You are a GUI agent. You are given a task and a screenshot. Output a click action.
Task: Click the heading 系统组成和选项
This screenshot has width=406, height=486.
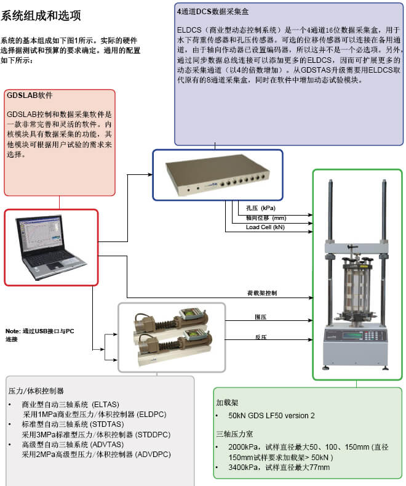pyautogui.click(x=41, y=14)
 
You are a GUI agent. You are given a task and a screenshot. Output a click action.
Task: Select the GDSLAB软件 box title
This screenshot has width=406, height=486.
pyautogui.click(x=30, y=96)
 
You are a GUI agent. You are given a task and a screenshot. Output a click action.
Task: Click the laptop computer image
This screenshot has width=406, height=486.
pyautogui.click(x=50, y=246)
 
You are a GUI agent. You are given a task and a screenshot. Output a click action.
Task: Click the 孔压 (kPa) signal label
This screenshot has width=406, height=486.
pyautogui.click(x=261, y=208)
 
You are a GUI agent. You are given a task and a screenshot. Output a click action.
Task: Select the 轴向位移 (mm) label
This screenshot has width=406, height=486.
pyautogui.click(x=266, y=218)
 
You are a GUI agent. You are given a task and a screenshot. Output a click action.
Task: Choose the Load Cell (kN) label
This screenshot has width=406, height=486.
pyautogui.click(x=265, y=227)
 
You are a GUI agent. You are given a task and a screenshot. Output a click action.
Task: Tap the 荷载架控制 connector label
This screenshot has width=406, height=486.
pyautogui.click(x=261, y=293)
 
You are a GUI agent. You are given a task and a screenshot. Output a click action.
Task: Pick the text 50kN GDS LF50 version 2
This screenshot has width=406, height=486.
pyautogui.click(x=271, y=416)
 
